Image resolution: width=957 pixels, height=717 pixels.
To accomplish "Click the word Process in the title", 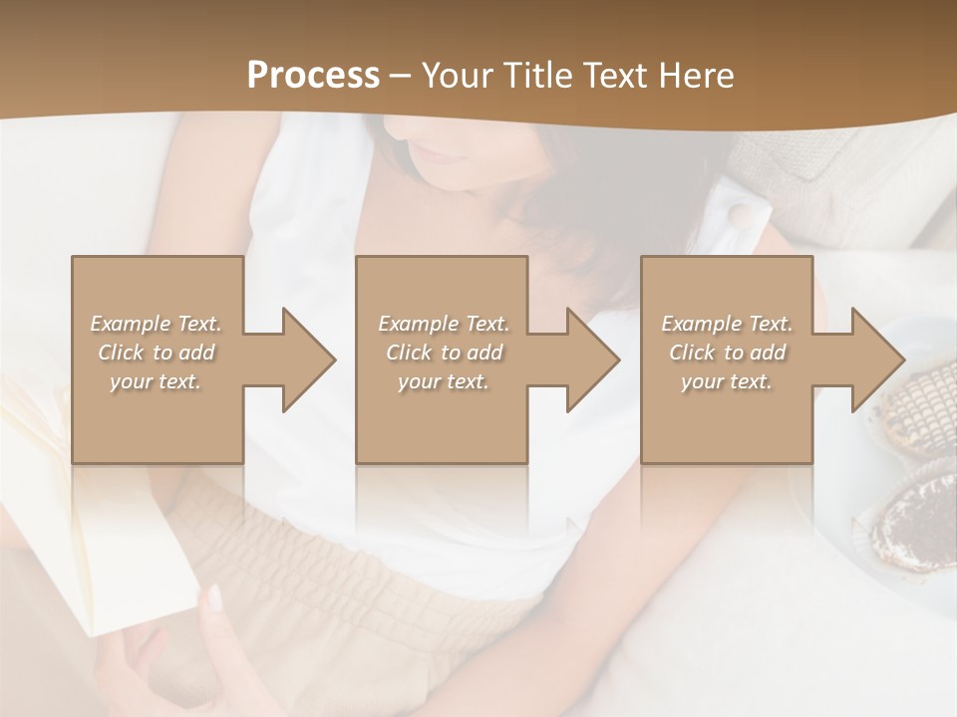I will [x=313, y=76].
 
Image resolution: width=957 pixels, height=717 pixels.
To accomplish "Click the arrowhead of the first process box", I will [x=308, y=359].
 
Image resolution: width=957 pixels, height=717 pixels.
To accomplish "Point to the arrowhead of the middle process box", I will [x=593, y=359].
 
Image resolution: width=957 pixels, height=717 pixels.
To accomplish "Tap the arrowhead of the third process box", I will [x=877, y=359].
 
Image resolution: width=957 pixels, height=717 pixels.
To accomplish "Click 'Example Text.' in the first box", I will [x=156, y=324].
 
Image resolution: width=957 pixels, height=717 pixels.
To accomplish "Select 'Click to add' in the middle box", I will [x=444, y=353].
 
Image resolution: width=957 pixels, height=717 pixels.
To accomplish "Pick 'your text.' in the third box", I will [x=727, y=381].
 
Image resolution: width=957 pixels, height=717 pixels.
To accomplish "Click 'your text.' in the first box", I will [x=156, y=381].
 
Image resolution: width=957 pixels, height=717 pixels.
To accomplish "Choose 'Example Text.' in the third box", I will [x=727, y=324].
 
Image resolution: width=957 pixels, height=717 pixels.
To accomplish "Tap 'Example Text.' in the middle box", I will [x=444, y=324].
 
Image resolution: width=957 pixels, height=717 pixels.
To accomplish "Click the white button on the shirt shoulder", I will [x=740, y=215].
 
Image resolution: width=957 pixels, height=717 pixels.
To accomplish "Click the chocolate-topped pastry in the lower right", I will [x=912, y=518].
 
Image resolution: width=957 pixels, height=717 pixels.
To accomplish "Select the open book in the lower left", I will [x=70, y=528].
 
